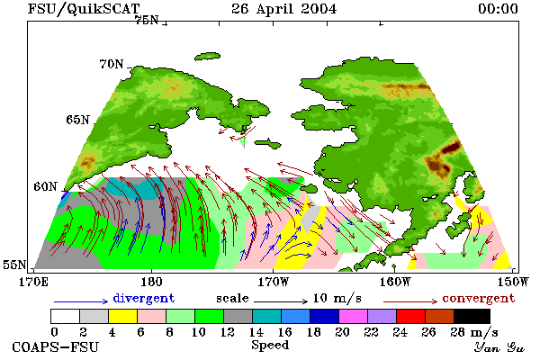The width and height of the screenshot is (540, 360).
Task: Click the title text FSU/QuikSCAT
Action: pos(84,9)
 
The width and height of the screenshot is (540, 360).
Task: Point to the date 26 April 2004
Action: pos(284,9)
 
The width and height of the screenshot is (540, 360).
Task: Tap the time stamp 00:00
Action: pos(498,9)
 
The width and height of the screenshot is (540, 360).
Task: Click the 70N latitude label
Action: pos(112,64)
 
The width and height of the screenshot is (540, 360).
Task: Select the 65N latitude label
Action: pos(77,120)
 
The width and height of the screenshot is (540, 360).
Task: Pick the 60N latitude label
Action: pos(45,186)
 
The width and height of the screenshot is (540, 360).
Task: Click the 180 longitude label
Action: pos(151,282)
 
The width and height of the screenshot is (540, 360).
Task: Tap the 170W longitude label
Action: pos(273,282)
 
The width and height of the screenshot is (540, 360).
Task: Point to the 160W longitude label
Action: pos(395,282)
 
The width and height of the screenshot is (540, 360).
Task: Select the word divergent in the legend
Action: pos(144,298)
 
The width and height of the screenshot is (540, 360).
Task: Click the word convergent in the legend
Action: pos(479,298)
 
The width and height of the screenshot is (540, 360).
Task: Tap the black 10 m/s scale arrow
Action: pos(281,301)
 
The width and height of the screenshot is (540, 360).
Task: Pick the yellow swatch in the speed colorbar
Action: pos(123,316)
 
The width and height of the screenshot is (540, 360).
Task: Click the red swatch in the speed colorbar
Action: pos(411,316)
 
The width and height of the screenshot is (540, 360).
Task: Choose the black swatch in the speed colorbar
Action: pos(472,316)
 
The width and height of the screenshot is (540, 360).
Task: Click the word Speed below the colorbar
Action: pos(270,346)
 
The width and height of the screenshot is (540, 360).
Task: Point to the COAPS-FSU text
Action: pos(56,346)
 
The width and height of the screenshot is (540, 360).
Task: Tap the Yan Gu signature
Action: pos(499,347)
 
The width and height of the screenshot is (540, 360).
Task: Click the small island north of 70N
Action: pos(208,57)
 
